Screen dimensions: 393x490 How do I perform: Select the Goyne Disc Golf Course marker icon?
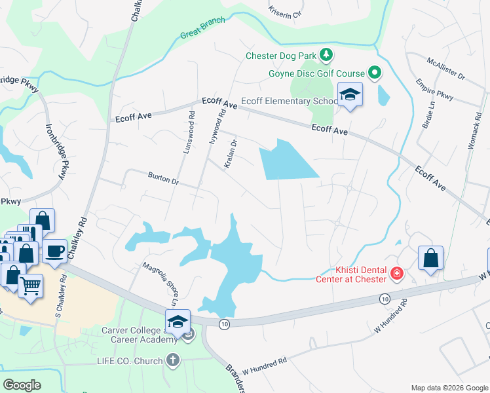[375, 73]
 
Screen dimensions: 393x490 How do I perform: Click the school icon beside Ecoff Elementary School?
[350, 96]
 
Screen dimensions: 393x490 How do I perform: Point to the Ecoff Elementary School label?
[289, 101]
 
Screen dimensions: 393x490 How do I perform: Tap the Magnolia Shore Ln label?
[160, 283]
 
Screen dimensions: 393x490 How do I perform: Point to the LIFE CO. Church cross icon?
[173, 360]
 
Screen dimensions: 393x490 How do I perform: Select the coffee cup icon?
[54, 250]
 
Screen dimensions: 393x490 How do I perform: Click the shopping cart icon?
[30, 285]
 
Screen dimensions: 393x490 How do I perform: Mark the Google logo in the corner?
[22, 385]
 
